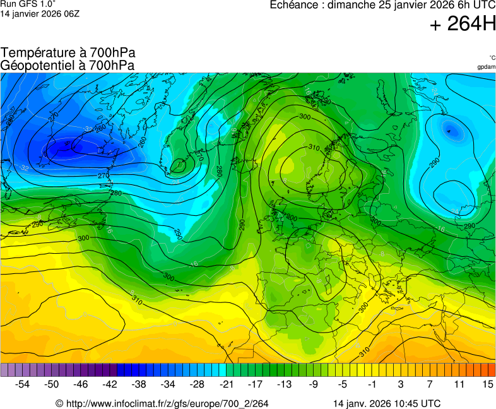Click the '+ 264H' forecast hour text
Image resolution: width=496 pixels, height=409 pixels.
click(x=463, y=25)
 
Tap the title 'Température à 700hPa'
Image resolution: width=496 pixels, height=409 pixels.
click(x=68, y=53)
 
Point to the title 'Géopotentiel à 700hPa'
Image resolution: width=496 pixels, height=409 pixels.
click(x=68, y=65)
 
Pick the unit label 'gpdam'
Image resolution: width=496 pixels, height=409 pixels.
click(x=486, y=67)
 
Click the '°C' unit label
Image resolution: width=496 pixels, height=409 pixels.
click(x=492, y=57)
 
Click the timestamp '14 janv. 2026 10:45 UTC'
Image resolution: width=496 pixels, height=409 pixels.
click(x=387, y=403)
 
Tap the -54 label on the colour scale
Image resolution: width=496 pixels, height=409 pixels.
click(x=23, y=384)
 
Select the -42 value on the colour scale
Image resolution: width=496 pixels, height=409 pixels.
click(x=110, y=384)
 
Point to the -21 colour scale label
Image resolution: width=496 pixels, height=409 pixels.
click(x=227, y=384)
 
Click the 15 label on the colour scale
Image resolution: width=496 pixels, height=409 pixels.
click(x=487, y=384)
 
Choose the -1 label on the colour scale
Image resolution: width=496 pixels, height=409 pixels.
click(x=372, y=384)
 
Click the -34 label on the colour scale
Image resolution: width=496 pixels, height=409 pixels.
click(x=168, y=384)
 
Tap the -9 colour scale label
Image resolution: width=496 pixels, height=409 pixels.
click(x=314, y=384)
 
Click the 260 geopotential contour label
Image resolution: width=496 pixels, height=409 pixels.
click(x=100, y=129)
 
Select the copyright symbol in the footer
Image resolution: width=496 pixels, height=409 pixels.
click(x=59, y=403)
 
